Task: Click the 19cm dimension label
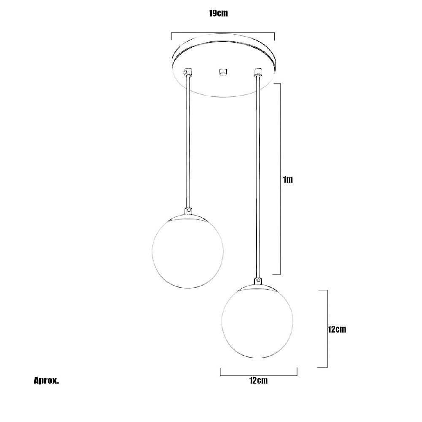[x=219, y=13]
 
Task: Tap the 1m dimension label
[x=288, y=179]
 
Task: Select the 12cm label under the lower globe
[x=258, y=381]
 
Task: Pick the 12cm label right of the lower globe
[x=337, y=330]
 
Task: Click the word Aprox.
[x=46, y=381]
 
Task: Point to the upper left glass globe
[x=188, y=252]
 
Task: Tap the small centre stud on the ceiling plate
[x=222, y=73]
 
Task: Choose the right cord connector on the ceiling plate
[x=258, y=72]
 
